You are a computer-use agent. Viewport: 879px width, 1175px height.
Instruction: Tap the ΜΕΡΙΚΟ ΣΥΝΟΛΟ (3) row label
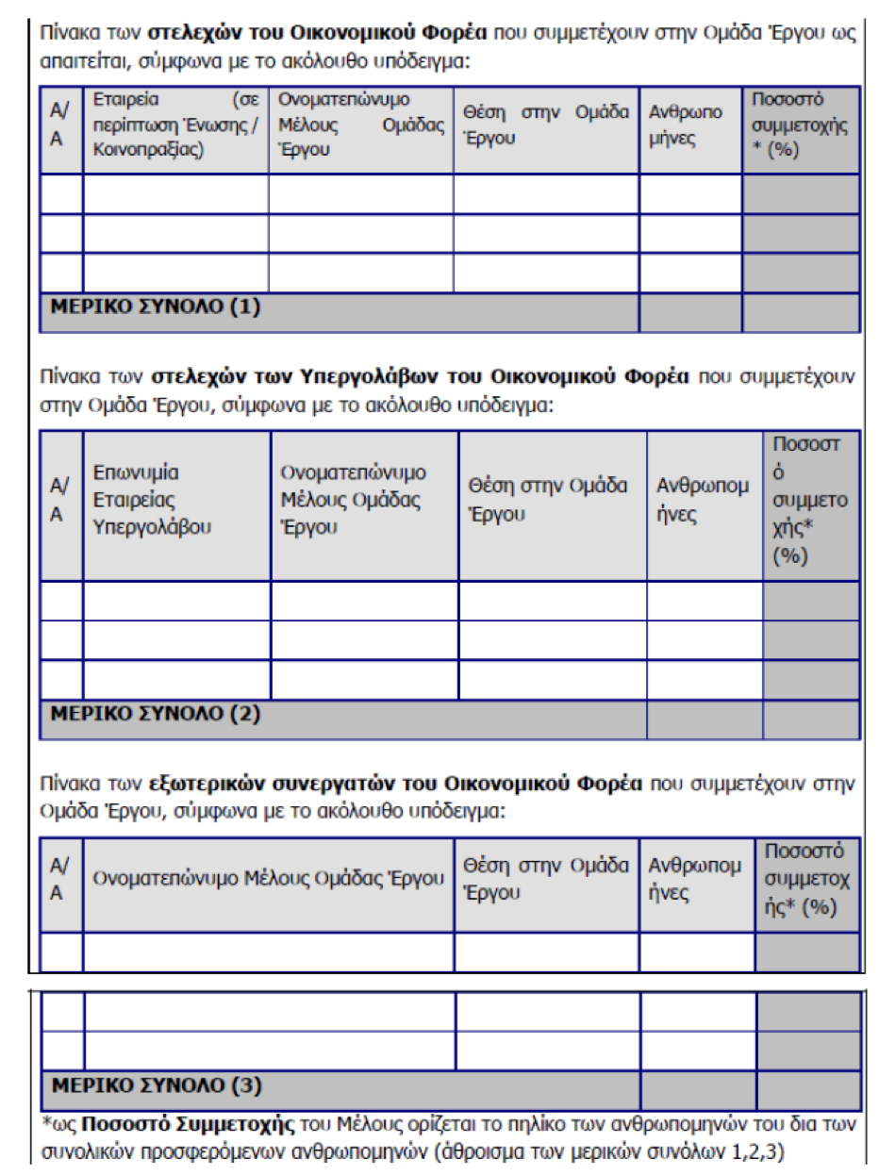pyautogui.click(x=157, y=1084)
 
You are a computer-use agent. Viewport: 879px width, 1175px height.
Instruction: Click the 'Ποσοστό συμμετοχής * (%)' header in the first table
pyautogui.click(x=799, y=125)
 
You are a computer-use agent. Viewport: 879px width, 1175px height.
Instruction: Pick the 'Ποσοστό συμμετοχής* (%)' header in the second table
pyautogui.click(x=809, y=500)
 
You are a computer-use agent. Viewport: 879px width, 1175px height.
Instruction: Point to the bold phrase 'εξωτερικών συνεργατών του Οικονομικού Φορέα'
pyautogui.click(x=396, y=784)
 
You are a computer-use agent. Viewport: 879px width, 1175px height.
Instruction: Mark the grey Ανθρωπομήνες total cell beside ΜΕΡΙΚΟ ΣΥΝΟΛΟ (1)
pyautogui.click(x=689, y=312)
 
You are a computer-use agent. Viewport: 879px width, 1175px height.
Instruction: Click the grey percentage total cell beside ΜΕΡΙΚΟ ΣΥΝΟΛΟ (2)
pyautogui.click(x=810, y=720)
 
